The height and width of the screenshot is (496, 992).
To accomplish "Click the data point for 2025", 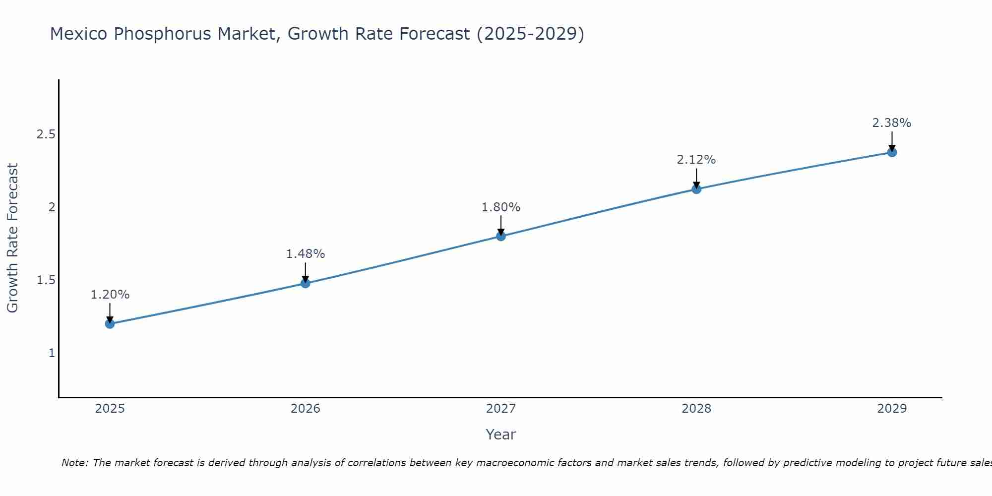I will point(110,324).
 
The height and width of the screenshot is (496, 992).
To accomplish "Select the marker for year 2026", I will point(306,283).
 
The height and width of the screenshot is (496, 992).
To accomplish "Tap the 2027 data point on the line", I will point(501,236).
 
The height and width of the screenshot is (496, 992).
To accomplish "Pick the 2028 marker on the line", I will point(696,189).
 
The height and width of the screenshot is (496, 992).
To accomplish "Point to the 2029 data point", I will point(892,152).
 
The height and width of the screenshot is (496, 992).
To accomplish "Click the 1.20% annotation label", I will point(110,295).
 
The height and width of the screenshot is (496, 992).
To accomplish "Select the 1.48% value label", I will point(306,254).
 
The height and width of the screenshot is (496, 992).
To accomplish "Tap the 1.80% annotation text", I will point(501,207).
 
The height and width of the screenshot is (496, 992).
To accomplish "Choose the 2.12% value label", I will point(696,160).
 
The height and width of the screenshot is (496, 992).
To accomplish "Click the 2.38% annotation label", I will point(892,123).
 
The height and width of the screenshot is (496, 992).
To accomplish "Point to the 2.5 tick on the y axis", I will point(46,134).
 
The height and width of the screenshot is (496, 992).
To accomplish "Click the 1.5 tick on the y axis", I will point(46,280).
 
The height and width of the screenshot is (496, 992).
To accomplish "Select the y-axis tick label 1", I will point(51,353).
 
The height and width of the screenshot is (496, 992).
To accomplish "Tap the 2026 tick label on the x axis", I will point(306,409).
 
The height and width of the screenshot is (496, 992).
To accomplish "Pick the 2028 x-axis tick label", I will point(696,409).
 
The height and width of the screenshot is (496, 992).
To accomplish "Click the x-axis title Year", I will point(501,434).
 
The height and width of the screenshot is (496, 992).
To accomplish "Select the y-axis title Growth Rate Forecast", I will point(13,238).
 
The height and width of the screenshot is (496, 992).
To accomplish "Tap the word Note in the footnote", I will point(74,463).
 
